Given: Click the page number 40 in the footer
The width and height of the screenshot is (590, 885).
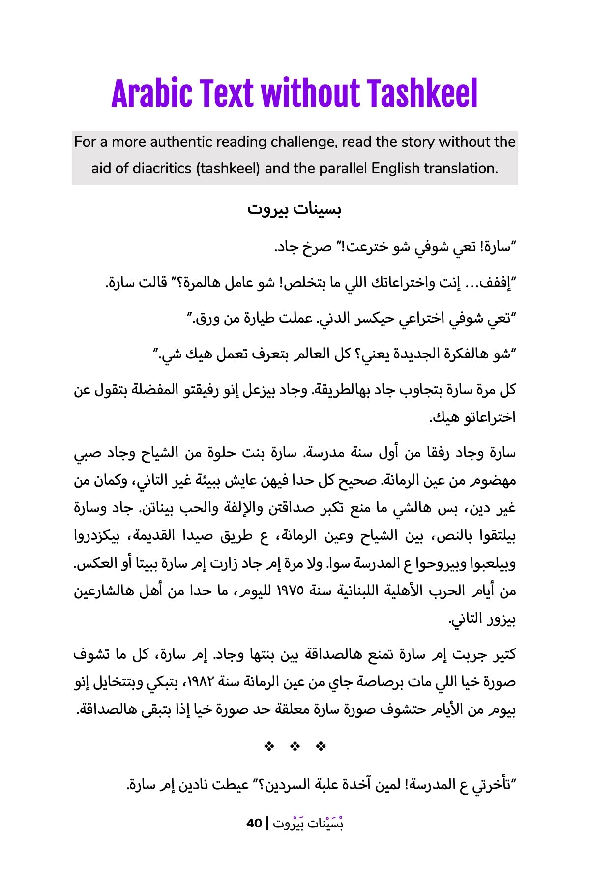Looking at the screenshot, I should [x=254, y=823].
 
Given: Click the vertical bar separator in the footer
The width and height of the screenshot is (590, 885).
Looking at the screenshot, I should [x=267, y=823].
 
